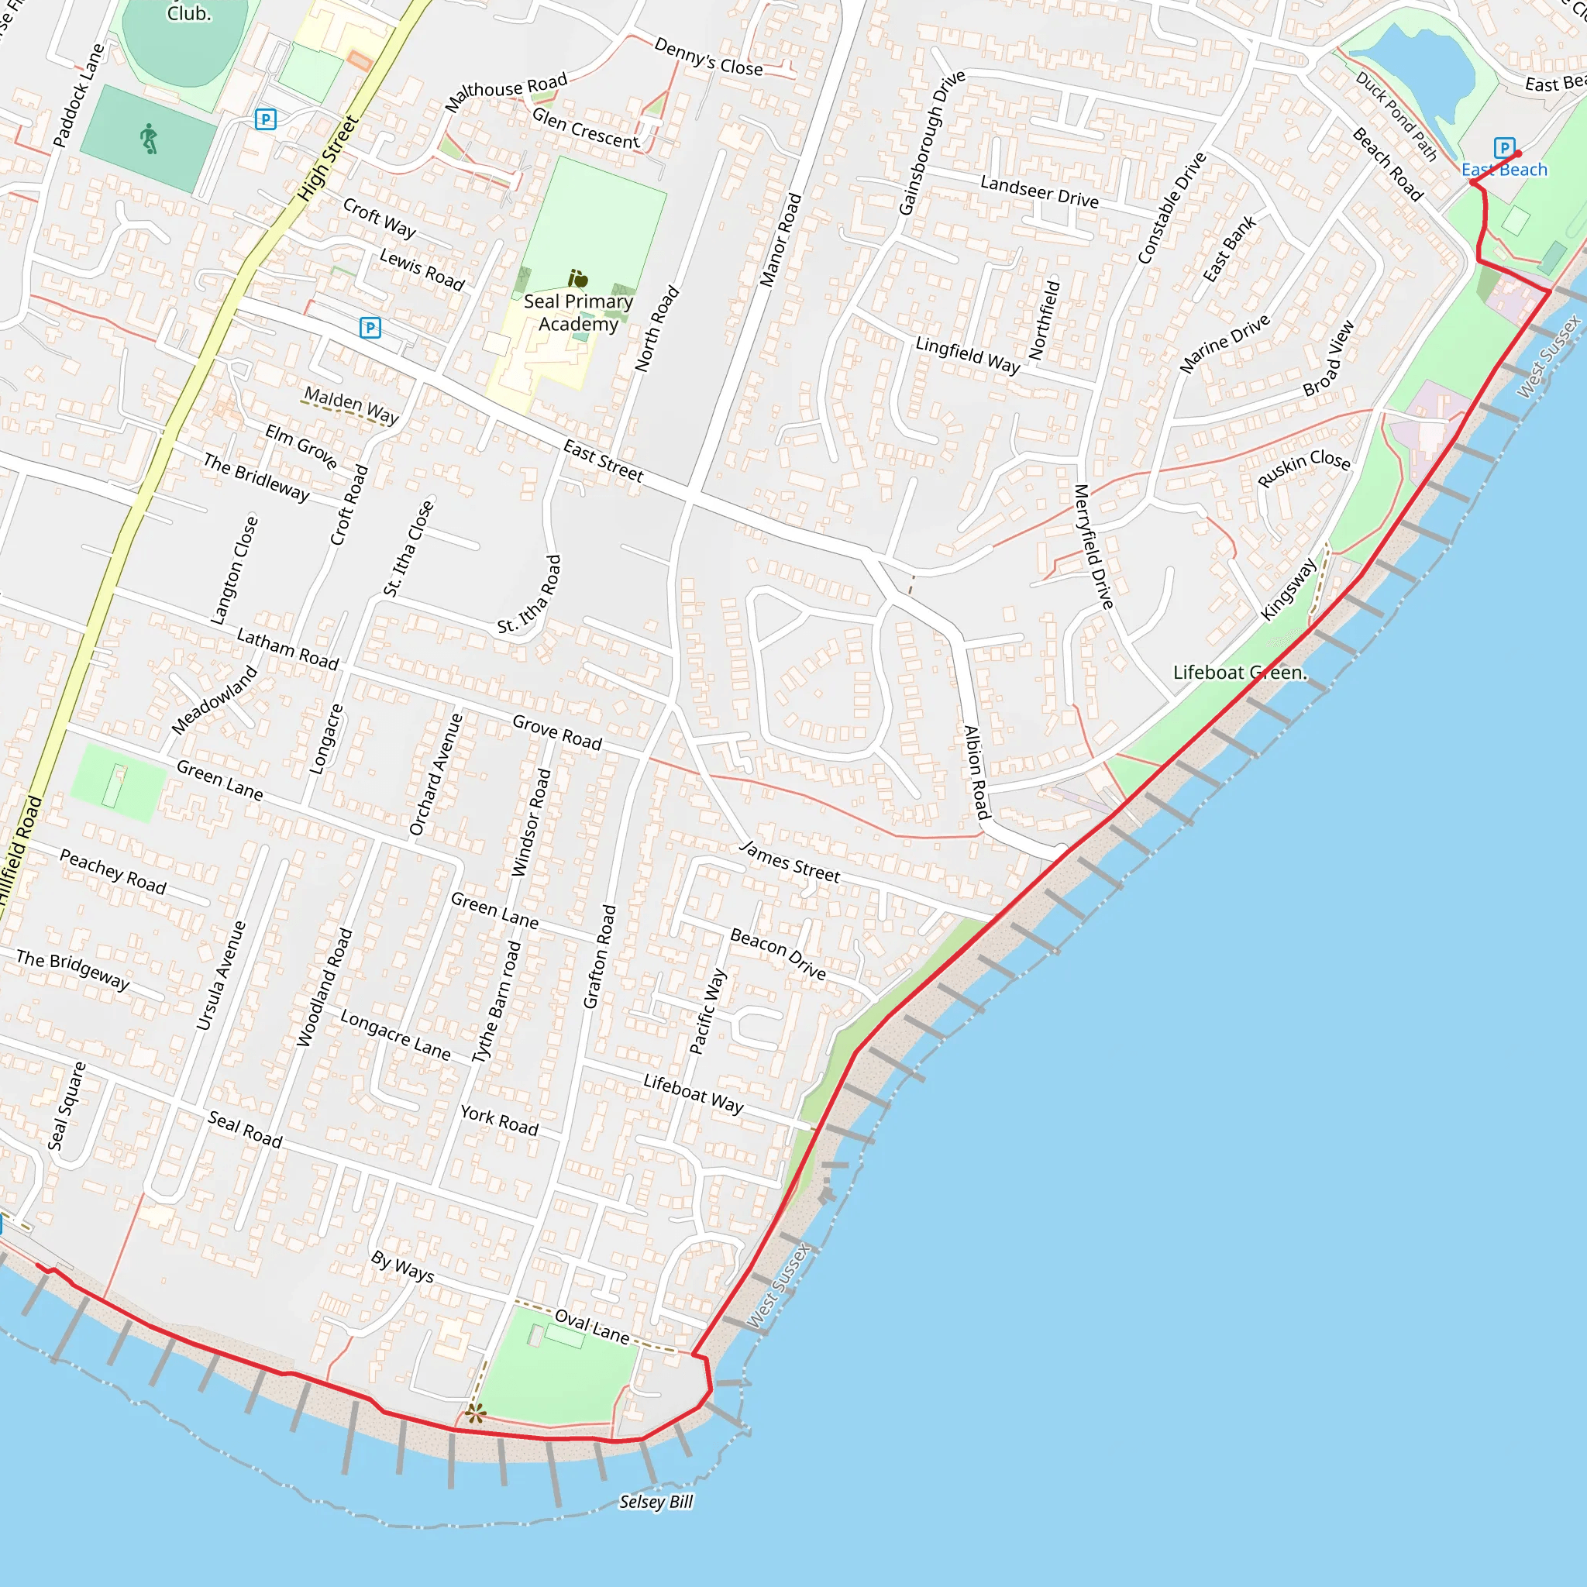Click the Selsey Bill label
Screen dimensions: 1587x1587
click(x=656, y=1502)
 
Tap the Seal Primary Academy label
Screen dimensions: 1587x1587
click(x=578, y=312)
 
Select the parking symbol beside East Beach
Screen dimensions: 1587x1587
click(x=1503, y=148)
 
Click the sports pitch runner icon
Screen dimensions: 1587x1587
click(x=148, y=139)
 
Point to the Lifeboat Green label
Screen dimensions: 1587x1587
click(x=1239, y=673)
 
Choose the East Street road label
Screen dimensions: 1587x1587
click(x=603, y=460)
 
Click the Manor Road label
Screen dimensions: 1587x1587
click(x=780, y=240)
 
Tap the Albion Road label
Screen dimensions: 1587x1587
click(x=976, y=772)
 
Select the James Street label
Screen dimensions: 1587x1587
click(x=790, y=862)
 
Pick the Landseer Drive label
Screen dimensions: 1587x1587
click(x=1039, y=191)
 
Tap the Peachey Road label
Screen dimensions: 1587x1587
click(x=113, y=873)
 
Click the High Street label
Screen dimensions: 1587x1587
click(x=327, y=159)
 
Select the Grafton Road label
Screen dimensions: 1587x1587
click(x=599, y=956)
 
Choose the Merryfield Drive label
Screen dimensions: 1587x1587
click(x=1093, y=546)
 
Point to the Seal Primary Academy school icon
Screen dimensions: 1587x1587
click(x=578, y=279)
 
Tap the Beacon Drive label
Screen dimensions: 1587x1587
click(x=778, y=954)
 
